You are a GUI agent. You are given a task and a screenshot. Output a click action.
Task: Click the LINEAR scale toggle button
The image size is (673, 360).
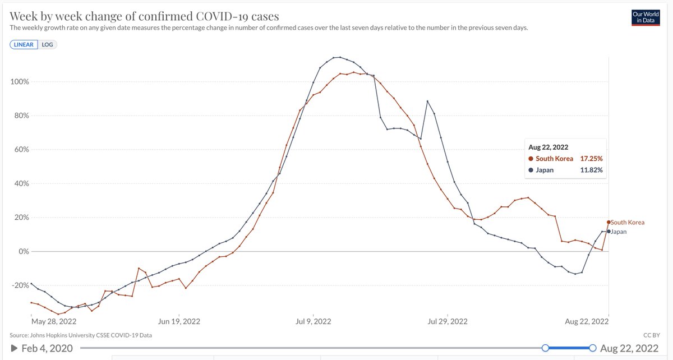tap(24, 44)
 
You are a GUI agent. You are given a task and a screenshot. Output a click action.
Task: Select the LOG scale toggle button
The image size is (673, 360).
tap(47, 44)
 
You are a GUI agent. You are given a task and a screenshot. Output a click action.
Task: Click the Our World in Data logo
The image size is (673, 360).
tap(646, 18)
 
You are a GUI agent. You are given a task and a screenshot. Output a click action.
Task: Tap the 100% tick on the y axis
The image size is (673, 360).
tap(20, 82)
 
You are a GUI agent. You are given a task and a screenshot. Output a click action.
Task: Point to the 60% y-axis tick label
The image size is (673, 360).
tap(22, 150)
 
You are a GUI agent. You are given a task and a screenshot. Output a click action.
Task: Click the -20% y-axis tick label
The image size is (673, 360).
tap(20, 285)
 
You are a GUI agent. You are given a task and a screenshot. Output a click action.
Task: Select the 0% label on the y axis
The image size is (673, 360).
tap(24, 252)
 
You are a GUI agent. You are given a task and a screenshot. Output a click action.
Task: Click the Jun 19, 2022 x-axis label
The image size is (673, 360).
tap(179, 321)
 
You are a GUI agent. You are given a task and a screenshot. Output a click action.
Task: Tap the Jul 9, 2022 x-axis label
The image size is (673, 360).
tap(314, 321)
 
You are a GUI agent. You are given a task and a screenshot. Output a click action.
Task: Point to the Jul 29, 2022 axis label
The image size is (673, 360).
tap(448, 321)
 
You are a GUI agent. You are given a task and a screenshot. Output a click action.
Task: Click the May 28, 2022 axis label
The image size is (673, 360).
tap(54, 321)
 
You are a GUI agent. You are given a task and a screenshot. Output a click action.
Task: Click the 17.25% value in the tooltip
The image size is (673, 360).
tap(591, 159)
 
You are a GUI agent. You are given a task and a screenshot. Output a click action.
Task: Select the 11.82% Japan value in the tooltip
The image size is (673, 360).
tap(591, 170)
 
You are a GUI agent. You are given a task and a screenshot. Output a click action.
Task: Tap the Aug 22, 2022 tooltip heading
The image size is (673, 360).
tap(548, 147)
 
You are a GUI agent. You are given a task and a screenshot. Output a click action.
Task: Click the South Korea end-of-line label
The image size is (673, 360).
tap(628, 223)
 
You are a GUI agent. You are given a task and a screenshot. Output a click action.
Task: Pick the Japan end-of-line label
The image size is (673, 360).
tap(619, 232)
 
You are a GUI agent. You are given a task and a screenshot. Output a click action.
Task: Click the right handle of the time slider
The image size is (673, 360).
tap(592, 348)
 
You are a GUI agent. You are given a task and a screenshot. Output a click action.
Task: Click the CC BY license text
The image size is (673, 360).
tap(651, 335)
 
